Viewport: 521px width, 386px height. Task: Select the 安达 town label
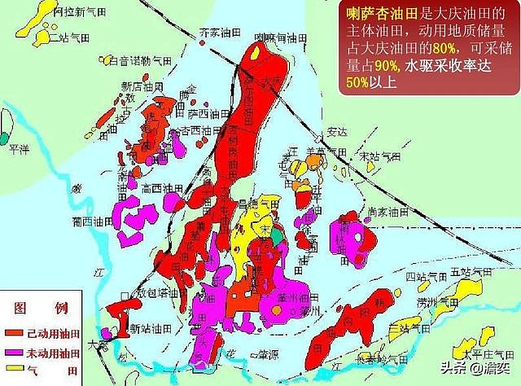click(337, 130)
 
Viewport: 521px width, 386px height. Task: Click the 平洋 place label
click(19, 149)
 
